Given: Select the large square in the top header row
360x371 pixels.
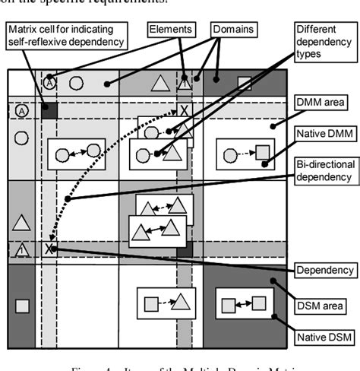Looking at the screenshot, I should (244, 83).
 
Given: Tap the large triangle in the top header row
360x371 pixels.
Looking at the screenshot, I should (159, 83).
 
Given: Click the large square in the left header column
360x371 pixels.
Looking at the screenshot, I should (22, 306).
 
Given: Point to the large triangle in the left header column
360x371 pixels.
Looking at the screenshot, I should (22, 222).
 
